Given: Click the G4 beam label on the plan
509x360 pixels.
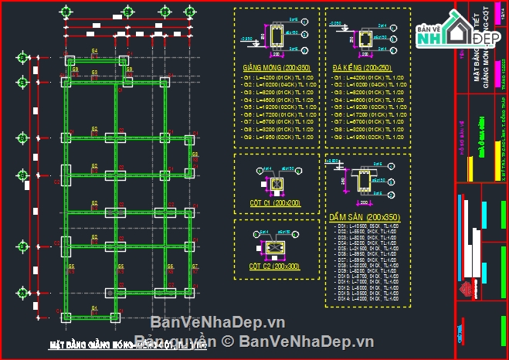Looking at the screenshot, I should [94, 50].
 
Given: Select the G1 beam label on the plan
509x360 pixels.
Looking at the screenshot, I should [94, 307].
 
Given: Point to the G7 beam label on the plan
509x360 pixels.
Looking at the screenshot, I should [195, 267].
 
